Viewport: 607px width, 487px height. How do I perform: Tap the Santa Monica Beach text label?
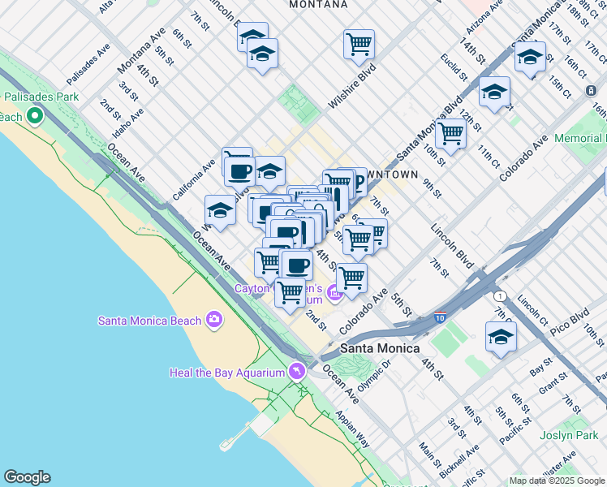(149, 320)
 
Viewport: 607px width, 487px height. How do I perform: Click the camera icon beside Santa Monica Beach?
(214, 319)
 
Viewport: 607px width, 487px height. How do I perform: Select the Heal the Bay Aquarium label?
(226, 372)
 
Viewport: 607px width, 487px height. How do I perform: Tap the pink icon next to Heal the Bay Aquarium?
(297, 371)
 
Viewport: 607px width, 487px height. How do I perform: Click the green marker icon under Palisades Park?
(34, 117)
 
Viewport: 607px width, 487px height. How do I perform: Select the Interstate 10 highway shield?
(440, 317)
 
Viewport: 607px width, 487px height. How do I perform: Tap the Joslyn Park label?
(576, 435)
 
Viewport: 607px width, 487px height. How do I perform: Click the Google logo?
(27, 477)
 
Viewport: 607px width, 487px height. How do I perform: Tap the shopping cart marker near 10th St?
(450, 132)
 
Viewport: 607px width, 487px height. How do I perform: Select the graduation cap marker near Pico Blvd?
(501, 336)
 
